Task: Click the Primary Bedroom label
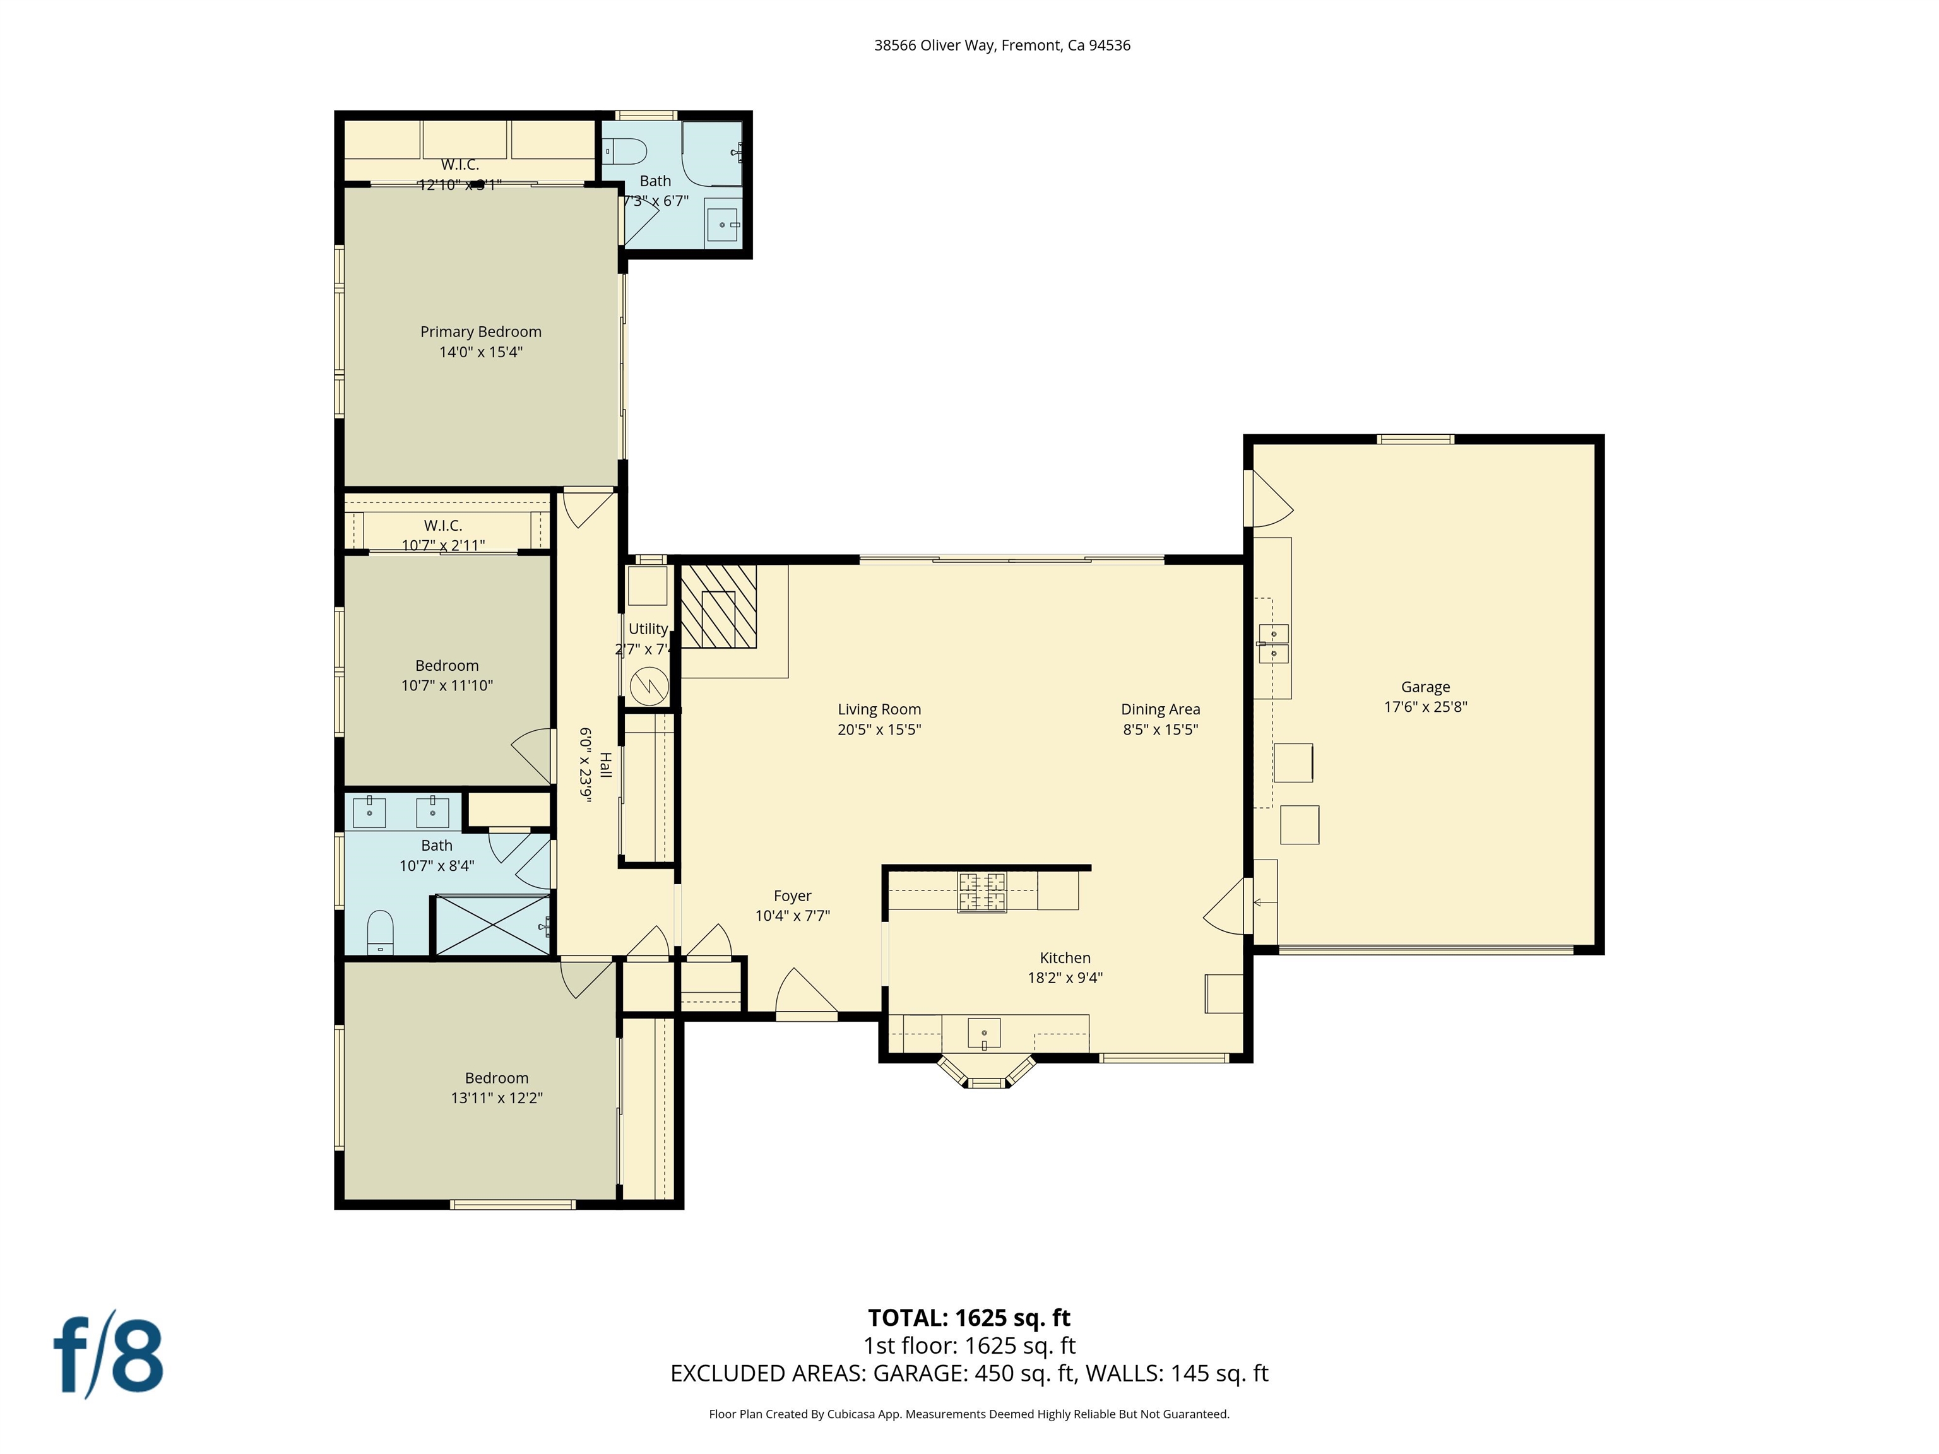(x=480, y=331)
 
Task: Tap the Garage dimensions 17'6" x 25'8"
(x=1425, y=706)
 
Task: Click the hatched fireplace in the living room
(x=718, y=606)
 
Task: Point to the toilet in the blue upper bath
(x=626, y=151)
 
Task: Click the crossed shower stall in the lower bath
(x=492, y=925)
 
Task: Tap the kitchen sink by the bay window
(x=983, y=1032)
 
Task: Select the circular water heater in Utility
(x=649, y=685)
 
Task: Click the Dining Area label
(x=1159, y=709)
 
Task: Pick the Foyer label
(x=792, y=895)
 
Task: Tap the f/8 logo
(x=109, y=1355)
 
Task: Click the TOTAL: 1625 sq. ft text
(x=969, y=1317)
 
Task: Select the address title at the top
(x=1002, y=45)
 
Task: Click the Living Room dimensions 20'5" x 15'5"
(x=879, y=729)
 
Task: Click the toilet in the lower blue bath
(x=381, y=931)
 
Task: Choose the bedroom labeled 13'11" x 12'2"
(x=496, y=1087)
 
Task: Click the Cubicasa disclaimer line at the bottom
(x=969, y=1414)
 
